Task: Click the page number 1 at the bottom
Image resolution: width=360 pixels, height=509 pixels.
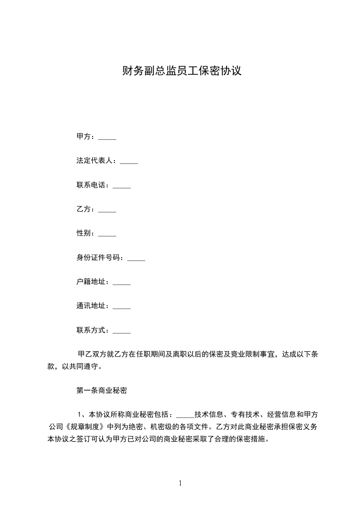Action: point(180,483)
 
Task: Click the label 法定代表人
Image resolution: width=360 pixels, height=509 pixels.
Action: point(95,161)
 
